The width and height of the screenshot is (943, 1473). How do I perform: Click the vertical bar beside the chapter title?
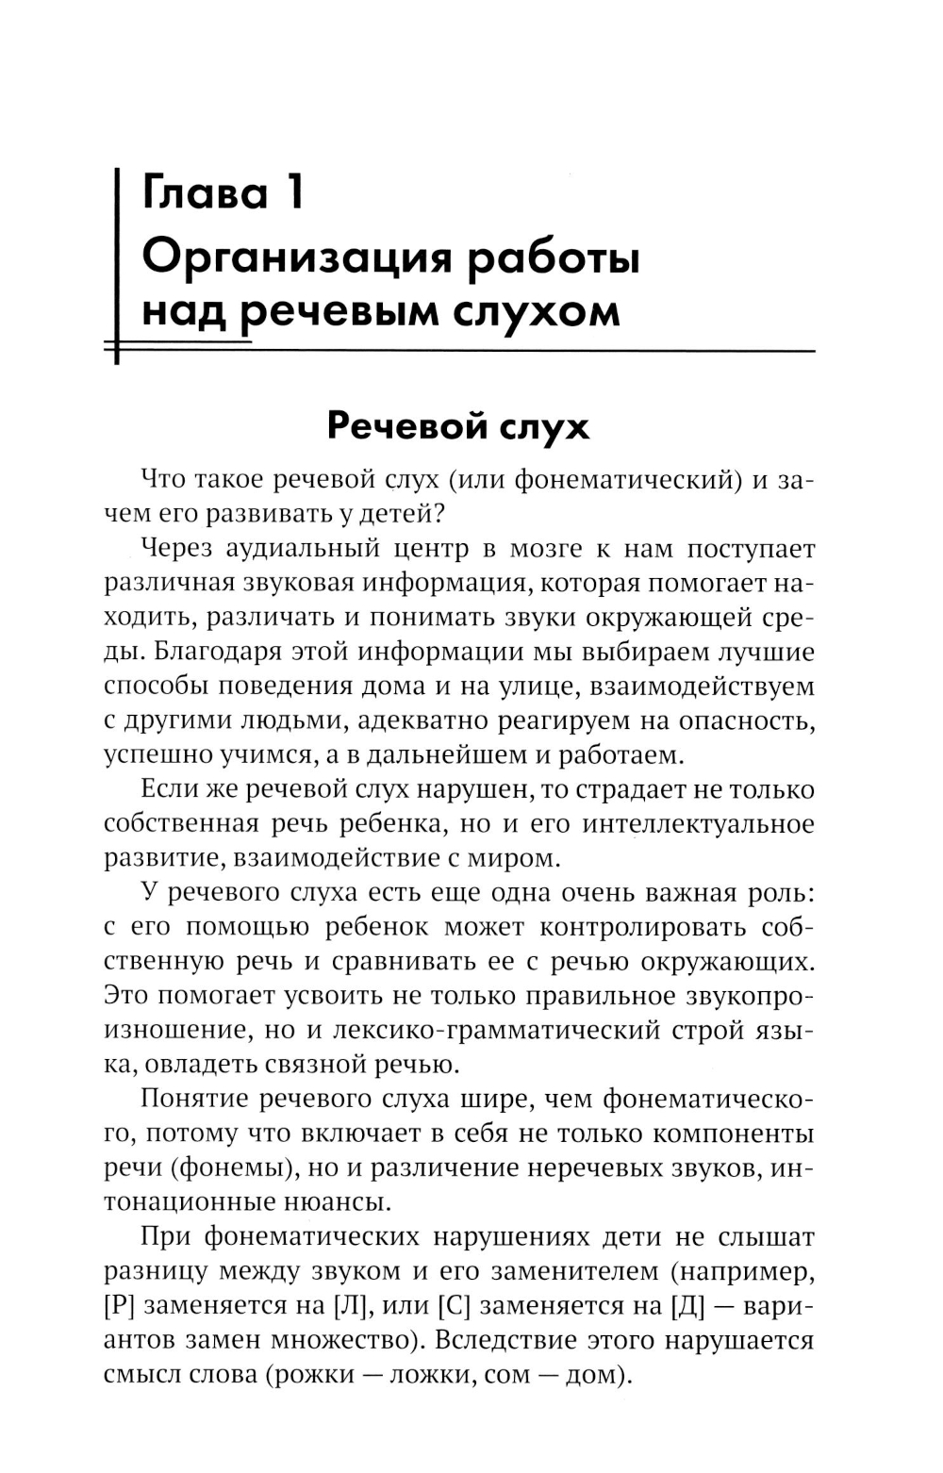tap(116, 264)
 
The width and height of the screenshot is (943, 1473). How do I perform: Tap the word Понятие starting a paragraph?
tap(195, 1099)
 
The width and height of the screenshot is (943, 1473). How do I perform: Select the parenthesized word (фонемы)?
tap(230, 1167)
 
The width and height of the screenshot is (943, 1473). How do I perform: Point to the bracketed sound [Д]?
tap(687, 1305)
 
